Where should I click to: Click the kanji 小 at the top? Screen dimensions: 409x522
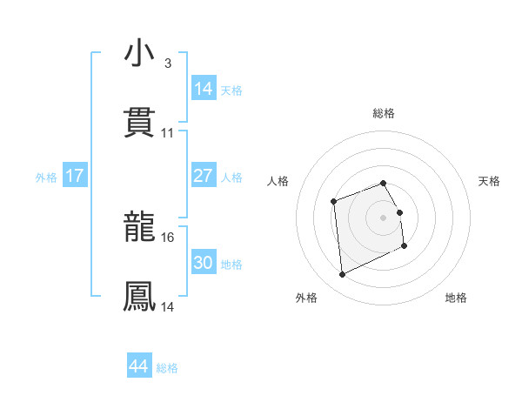tap(139, 54)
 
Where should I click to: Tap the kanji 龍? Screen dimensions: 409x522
tap(139, 228)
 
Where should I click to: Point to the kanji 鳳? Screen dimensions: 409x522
tap(139, 296)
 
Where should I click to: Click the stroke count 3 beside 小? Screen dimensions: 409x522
tap(167, 64)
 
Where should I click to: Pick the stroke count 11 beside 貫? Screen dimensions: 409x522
tap(168, 133)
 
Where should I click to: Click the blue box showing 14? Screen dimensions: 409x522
tap(203, 89)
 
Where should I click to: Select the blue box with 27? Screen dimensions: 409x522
tap(203, 176)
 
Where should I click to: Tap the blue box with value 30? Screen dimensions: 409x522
tap(203, 263)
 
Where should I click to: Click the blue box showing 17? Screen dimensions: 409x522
tap(75, 176)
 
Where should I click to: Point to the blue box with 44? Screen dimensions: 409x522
tap(138, 366)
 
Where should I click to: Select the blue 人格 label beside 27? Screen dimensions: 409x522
tap(231, 178)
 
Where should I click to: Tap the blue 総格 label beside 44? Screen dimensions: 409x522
tap(167, 368)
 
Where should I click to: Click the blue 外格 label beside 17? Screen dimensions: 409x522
tap(46, 178)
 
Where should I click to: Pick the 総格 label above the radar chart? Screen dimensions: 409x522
tap(383, 113)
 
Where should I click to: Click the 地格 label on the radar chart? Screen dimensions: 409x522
tap(456, 298)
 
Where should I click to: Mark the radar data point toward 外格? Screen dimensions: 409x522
tap(343, 275)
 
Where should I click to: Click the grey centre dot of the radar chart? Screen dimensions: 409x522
tap(383, 217)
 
